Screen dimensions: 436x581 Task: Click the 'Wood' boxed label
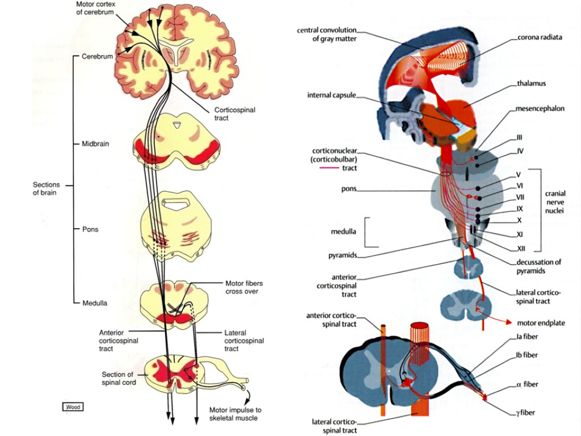[x=73, y=406]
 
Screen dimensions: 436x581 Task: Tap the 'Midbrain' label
[x=94, y=144]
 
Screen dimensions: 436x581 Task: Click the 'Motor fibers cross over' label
[x=243, y=287]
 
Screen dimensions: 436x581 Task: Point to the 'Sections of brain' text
[x=45, y=188]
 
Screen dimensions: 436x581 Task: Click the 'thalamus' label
[x=531, y=83]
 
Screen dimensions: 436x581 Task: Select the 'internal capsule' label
[x=331, y=95]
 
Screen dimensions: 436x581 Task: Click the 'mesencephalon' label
[x=540, y=108]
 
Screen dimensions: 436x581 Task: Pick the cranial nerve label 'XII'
[x=521, y=248]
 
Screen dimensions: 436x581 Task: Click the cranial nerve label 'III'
[x=519, y=137]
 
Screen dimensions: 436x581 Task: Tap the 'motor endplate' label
[x=541, y=323]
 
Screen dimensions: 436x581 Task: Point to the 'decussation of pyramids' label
[x=538, y=266]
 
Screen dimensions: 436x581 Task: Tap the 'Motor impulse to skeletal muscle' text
[x=235, y=414]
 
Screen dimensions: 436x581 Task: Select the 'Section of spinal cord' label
[x=119, y=378]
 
